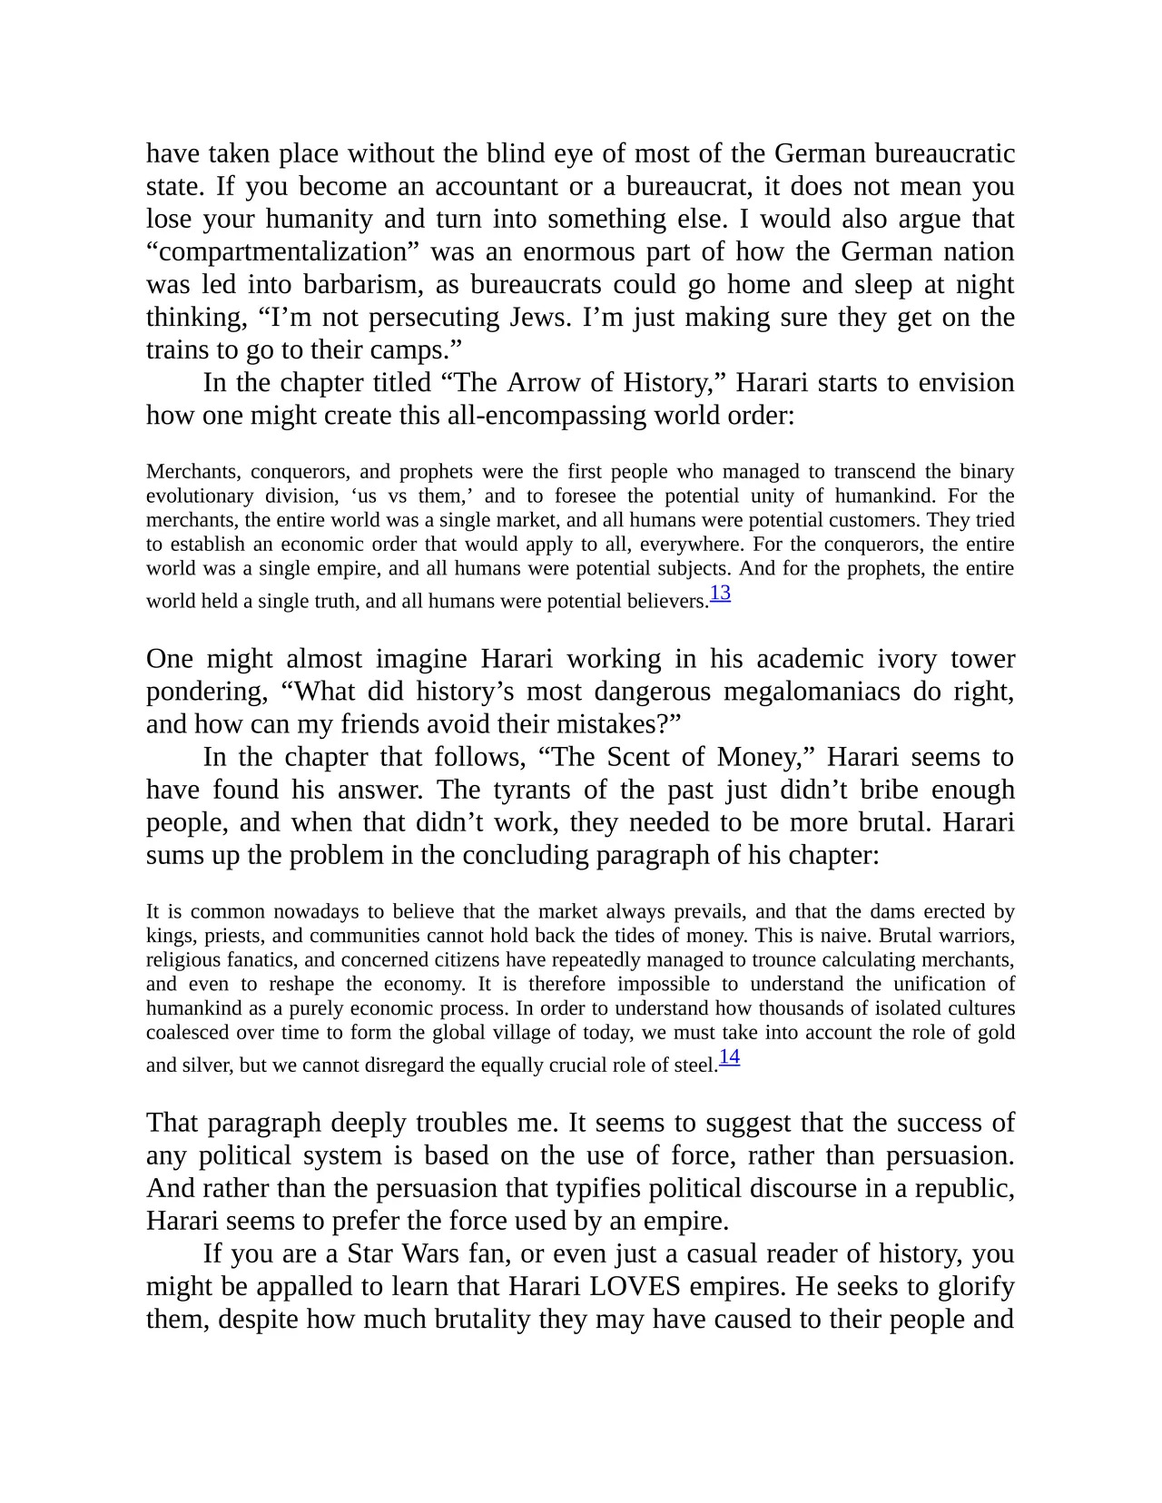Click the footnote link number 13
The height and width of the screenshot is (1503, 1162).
click(720, 594)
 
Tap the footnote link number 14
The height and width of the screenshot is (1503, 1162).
click(729, 1057)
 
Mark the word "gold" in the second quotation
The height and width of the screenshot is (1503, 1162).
click(996, 1033)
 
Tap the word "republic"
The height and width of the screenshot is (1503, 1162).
click(964, 1189)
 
